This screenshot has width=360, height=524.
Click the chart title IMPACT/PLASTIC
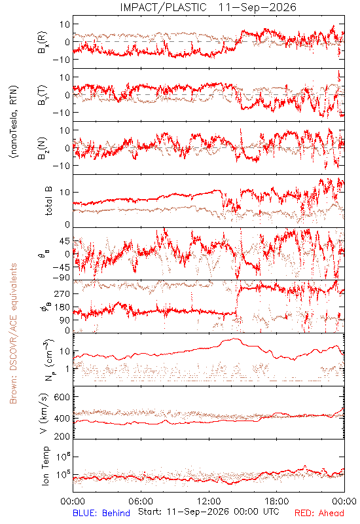pyautogui.click(x=163, y=7)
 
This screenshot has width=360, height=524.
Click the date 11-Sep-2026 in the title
pyautogui.click(x=257, y=7)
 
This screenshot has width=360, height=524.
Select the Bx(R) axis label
pyautogui.click(x=43, y=42)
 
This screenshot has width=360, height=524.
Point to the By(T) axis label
pyautogui.click(x=43, y=95)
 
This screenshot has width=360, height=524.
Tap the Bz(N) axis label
pyautogui.click(x=43, y=148)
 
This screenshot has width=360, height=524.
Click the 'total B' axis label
pyautogui.click(x=48, y=201)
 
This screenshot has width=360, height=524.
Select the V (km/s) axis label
pyautogui.click(x=44, y=413)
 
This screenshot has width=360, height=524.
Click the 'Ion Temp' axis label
pyautogui.click(x=45, y=466)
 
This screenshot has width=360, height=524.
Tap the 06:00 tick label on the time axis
pyautogui.click(x=141, y=501)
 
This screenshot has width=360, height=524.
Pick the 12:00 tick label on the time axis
pyautogui.click(x=209, y=501)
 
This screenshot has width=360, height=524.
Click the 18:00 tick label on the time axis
pyautogui.click(x=277, y=501)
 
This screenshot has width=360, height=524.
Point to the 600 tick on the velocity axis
pyautogui.click(x=62, y=397)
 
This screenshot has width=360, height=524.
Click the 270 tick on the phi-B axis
pyautogui.click(x=62, y=293)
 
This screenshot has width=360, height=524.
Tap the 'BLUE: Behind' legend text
pyautogui.click(x=101, y=513)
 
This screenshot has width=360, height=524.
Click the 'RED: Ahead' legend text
pyautogui.click(x=319, y=513)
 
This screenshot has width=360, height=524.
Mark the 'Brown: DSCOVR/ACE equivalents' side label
pyautogui.click(x=13, y=333)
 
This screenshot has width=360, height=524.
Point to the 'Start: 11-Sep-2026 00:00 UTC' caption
pyautogui.click(x=208, y=512)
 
